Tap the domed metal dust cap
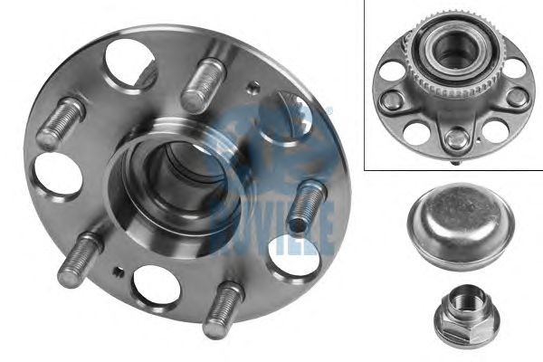[461, 226]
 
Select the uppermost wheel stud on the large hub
[204, 86]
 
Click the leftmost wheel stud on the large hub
[61, 123]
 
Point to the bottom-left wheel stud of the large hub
[81, 260]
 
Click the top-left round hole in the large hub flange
[130, 66]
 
